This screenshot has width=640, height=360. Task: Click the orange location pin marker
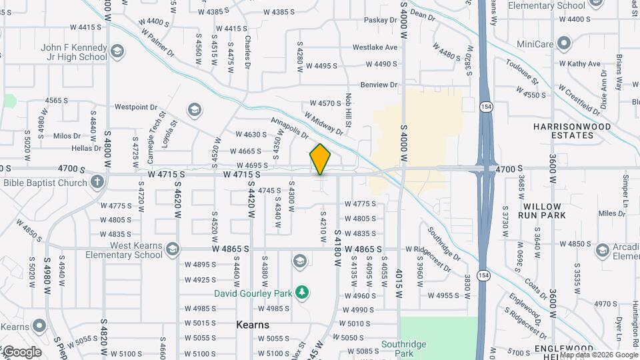pyautogui.click(x=321, y=159)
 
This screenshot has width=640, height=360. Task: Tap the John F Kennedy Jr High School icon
pyautogui.click(x=117, y=51)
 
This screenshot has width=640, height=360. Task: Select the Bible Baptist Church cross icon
pyautogui.click(x=97, y=181)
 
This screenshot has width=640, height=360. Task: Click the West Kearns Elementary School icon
pyautogui.click(x=173, y=249)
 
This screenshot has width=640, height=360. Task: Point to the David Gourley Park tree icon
pyautogui.click(x=303, y=293)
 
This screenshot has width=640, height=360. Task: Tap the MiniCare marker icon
pyautogui.click(x=564, y=45)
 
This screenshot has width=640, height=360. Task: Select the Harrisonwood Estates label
pyautogui.click(x=563, y=131)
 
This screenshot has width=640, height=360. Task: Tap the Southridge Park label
pyautogui.click(x=403, y=349)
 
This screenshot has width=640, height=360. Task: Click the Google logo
pyautogui.click(x=21, y=352)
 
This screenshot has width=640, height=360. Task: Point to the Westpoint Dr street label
pyautogui.click(x=135, y=107)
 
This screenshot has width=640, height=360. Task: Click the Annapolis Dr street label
pyautogui.click(x=289, y=129)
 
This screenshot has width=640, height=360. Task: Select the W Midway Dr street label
pyautogui.click(x=323, y=123)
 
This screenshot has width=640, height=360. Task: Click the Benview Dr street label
pyautogui.click(x=379, y=85)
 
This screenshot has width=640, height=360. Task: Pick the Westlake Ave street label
pyautogui.click(x=375, y=47)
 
